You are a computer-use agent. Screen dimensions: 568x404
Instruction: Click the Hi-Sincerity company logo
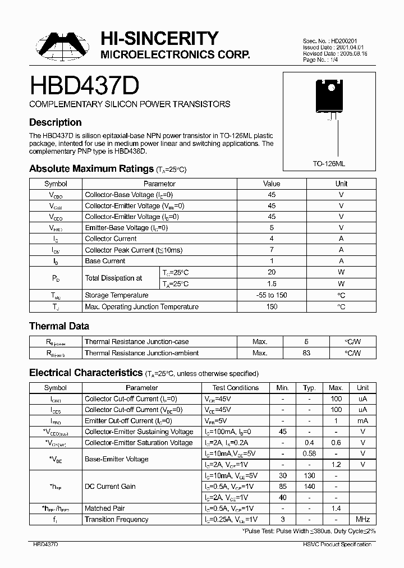(x=62, y=47)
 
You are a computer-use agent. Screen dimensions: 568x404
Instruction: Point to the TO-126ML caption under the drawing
(x=329, y=162)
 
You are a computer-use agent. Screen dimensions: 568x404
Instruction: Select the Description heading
(x=55, y=122)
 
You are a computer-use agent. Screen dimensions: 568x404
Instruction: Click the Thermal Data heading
(x=59, y=326)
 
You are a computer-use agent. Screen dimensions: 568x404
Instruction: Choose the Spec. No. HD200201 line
(x=330, y=41)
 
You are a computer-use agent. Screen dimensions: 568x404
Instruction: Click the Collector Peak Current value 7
(x=272, y=250)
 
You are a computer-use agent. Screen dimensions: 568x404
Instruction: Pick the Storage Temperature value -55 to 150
(x=272, y=295)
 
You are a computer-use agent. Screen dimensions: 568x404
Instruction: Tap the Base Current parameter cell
(x=105, y=261)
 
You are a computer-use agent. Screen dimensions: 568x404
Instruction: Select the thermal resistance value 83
(x=306, y=353)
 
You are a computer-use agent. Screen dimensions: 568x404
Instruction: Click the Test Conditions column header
(x=236, y=387)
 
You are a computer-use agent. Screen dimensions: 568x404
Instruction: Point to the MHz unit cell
(x=362, y=520)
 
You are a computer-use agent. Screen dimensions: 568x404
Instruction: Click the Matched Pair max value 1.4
(x=336, y=509)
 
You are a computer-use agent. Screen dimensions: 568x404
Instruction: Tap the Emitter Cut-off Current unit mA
(x=362, y=420)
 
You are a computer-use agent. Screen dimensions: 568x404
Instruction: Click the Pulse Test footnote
(x=308, y=530)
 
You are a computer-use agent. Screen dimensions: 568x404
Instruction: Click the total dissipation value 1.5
(x=272, y=284)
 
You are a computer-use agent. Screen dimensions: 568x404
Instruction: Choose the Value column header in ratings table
(x=272, y=184)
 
